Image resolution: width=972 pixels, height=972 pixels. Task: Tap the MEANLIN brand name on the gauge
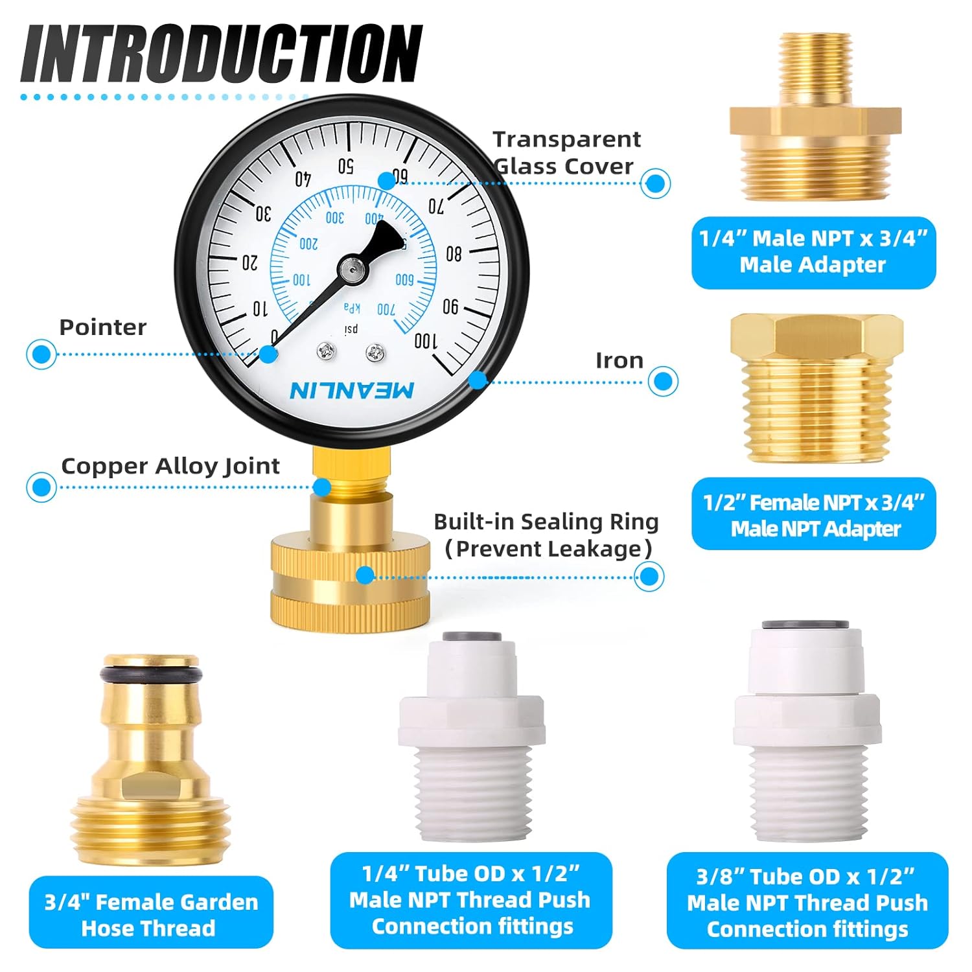click(352, 390)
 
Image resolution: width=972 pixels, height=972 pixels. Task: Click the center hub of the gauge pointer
click(351, 268)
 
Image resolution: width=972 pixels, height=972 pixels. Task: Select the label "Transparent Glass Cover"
click(566, 153)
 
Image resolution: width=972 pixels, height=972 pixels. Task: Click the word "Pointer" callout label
click(102, 327)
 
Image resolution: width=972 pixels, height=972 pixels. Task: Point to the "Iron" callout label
click(619, 361)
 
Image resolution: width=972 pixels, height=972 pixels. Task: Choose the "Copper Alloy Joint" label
click(170, 466)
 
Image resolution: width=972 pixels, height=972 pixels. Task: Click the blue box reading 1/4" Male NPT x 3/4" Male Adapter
click(813, 252)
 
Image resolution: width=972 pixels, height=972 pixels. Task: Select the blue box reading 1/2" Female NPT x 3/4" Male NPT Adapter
click(813, 515)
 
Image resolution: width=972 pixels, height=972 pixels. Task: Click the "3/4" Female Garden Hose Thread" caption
click(151, 914)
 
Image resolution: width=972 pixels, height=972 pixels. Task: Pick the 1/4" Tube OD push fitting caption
click(471, 900)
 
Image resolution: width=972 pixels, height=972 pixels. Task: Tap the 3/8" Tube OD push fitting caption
click(807, 902)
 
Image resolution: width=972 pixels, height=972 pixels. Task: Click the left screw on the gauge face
click(325, 352)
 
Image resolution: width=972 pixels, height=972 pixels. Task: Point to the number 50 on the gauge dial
click(345, 166)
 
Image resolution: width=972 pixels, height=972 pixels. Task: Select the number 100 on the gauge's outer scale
click(426, 340)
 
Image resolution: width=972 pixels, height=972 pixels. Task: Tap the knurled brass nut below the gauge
click(350, 586)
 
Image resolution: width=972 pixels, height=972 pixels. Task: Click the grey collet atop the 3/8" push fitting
click(805, 624)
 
